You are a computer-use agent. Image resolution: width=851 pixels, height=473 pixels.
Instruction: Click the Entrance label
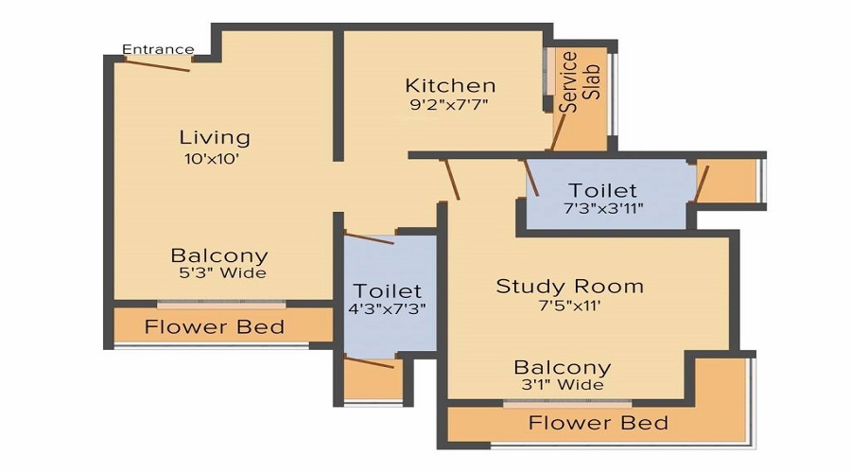point(158,49)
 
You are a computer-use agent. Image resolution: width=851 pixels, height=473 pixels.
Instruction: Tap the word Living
point(216,137)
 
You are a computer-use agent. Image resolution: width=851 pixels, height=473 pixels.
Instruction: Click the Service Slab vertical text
point(580,82)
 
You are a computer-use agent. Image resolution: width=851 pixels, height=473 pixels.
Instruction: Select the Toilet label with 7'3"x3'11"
point(602,191)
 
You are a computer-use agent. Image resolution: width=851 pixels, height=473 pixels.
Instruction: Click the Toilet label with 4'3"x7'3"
point(388,290)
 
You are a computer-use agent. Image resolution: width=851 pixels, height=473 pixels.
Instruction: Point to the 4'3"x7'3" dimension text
point(388,309)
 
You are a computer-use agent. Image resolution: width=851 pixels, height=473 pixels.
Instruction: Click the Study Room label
point(569,286)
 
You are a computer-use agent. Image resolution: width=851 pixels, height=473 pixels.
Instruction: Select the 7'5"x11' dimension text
point(569,306)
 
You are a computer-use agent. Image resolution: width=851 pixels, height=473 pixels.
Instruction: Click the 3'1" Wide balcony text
point(562,385)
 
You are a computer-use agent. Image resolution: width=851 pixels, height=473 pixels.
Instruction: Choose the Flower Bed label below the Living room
point(214,327)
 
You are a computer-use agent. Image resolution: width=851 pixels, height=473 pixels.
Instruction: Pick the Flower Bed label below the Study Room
point(598,422)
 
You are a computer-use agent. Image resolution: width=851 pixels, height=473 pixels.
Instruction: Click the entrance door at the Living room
point(157,64)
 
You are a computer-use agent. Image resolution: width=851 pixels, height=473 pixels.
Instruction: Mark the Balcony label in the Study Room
point(562,367)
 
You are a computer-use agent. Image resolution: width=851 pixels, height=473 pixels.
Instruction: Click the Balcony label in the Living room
point(218,255)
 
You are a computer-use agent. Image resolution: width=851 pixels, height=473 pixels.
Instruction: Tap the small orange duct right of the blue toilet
point(728,181)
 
